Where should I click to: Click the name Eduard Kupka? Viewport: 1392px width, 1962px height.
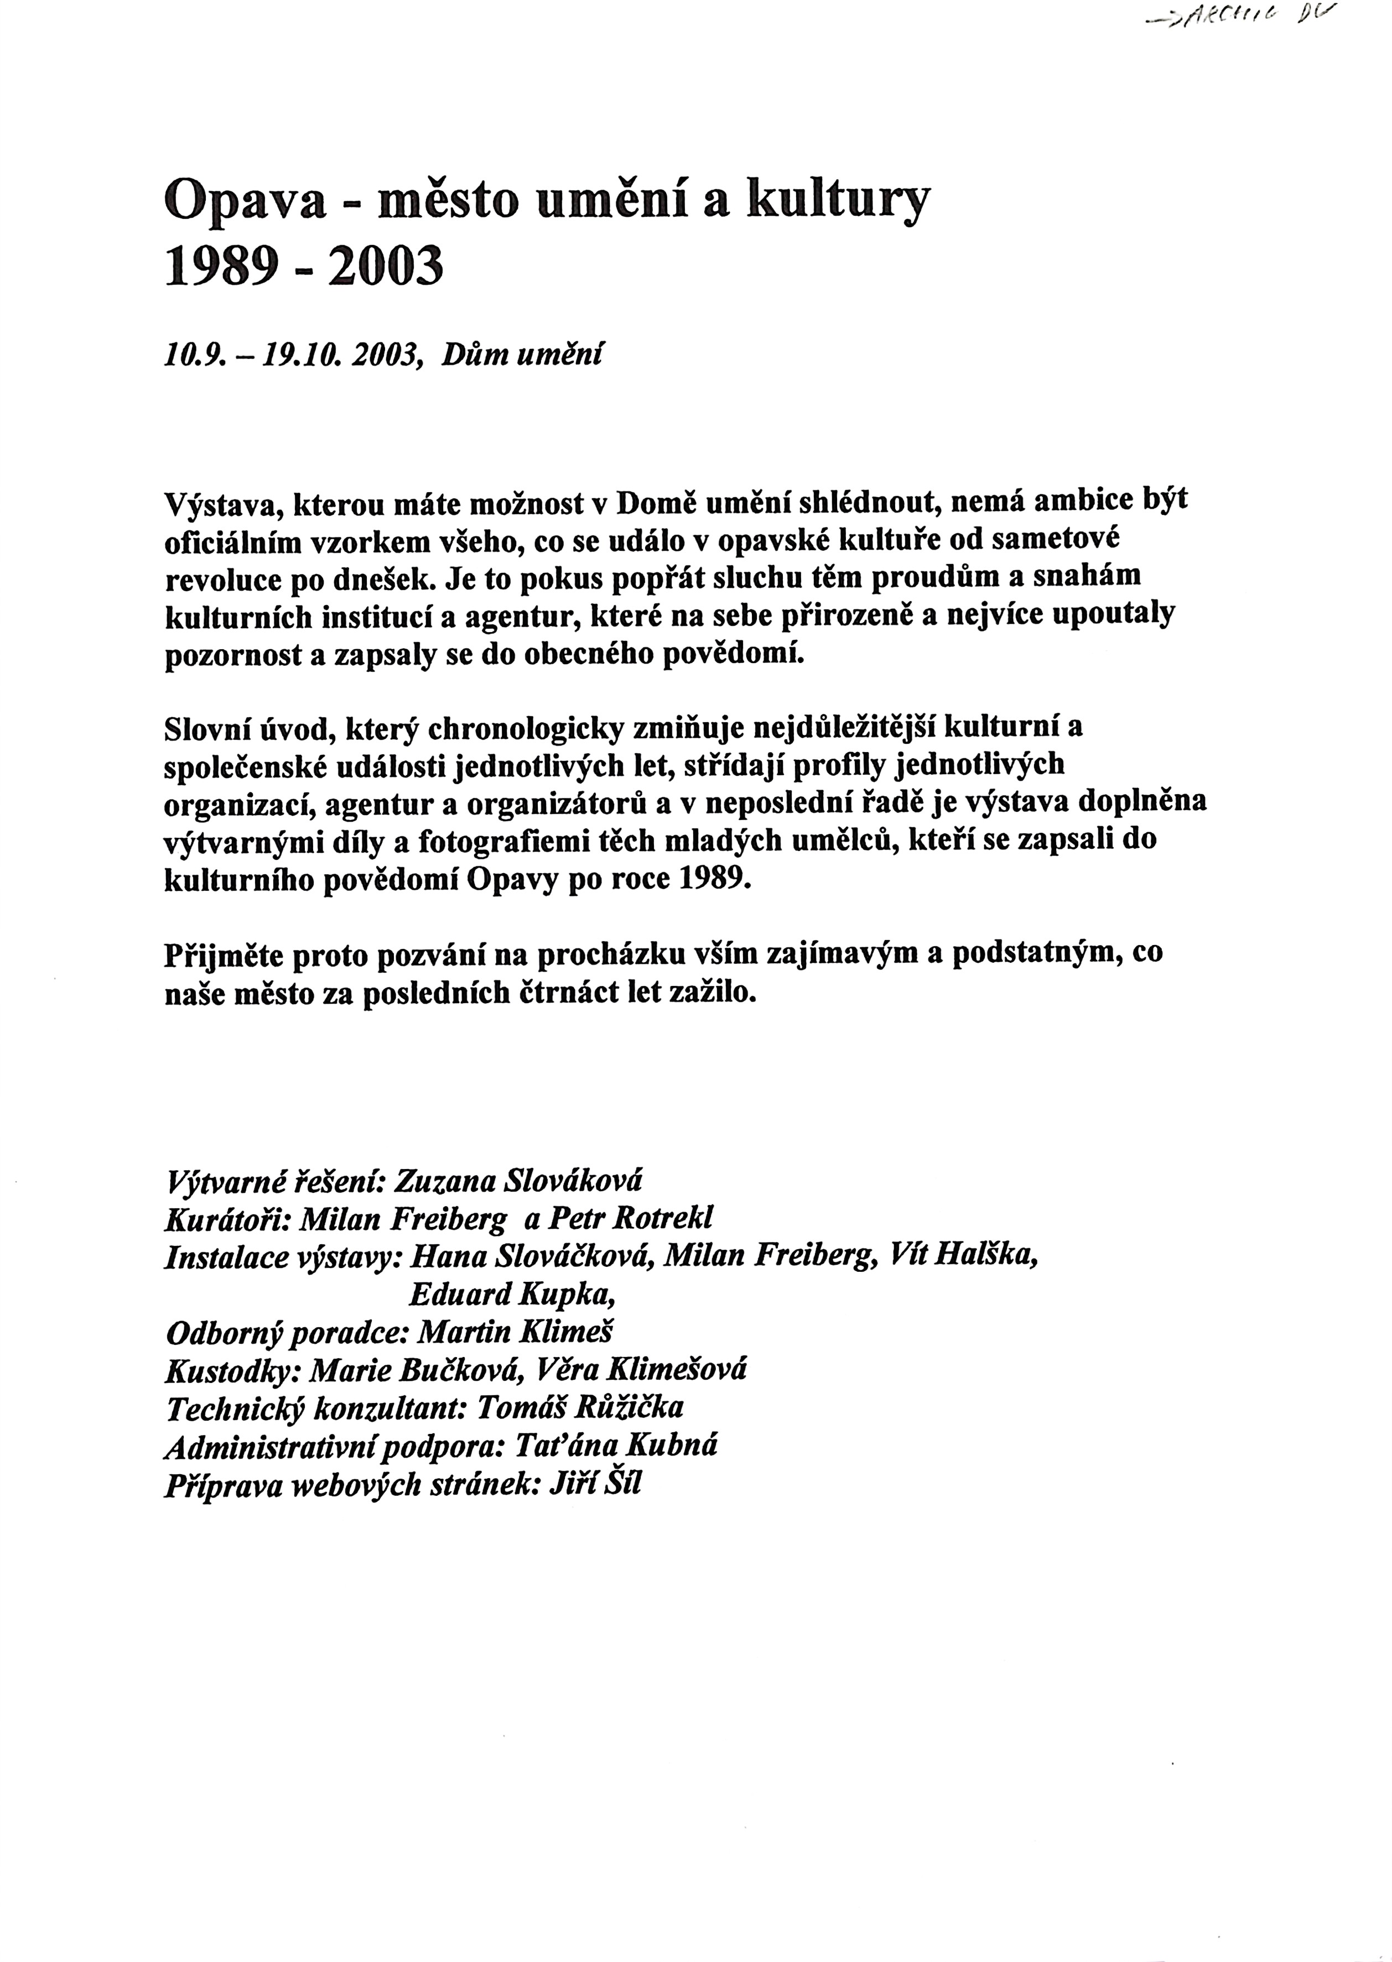click(x=512, y=1295)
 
